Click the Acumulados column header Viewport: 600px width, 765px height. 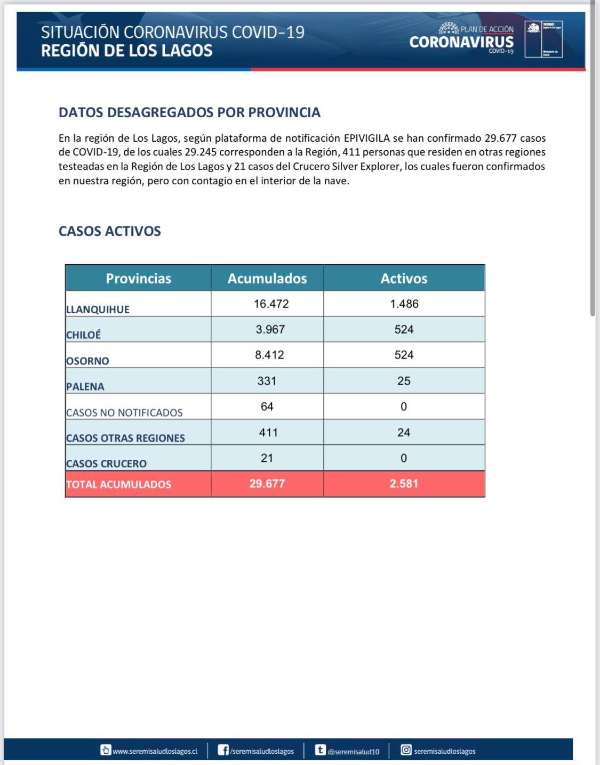[x=267, y=278]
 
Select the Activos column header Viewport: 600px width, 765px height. [x=404, y=278]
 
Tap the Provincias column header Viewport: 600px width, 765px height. [x=138, y=278]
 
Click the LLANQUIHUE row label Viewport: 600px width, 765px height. [x=98, y=310]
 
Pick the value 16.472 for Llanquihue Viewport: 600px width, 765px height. [x=271, y=304]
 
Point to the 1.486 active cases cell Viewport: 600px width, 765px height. [x=404, y=304]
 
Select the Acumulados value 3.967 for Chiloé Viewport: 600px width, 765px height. [x=270, y=329]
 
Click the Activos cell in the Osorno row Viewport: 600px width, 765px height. [x=404, y=355]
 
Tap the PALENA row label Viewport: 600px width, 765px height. [x=85, y=387]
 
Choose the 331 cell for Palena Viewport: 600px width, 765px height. [x=267, y=381]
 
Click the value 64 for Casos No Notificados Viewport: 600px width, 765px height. [x=267, y=406]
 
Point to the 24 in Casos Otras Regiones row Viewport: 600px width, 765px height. [x=404, y=433]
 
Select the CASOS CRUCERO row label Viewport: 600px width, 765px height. [x=106, y=463]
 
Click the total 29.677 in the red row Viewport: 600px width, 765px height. [x=267, y=484]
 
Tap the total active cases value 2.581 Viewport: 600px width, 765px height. [x=404, y=484]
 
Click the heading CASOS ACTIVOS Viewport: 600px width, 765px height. [x=110, y=231]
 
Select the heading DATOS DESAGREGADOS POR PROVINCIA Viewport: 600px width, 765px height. [x=189, y=112]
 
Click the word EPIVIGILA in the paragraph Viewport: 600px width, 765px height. [x=366, y=138]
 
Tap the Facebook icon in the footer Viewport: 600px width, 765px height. [x=224, y=750]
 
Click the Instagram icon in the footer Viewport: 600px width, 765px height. [x=406, y=750]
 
